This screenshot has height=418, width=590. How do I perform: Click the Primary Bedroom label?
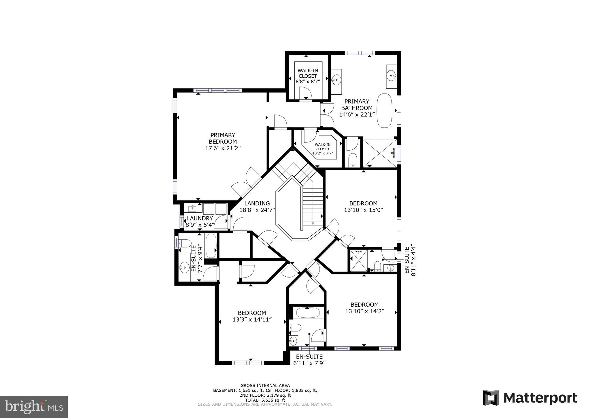click(223, 138)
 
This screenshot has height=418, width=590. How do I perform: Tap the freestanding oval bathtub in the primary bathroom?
click(385, 110)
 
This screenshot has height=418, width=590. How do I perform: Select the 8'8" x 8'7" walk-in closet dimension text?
click(308, 82)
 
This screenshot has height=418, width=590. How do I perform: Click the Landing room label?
click(257, 203)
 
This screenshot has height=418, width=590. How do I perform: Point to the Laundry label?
click(200, 218)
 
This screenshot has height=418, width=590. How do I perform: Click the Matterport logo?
click(530, 398)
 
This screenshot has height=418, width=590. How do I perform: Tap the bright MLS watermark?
click(34, 407)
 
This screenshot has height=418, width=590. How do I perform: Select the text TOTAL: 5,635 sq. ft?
click(265, 400)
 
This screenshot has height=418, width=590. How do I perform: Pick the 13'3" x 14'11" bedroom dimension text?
click(252, 320)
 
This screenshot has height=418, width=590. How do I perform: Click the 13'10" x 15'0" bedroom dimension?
click(363, 210)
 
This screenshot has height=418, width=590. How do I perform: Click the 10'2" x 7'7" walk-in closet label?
click(322, 149)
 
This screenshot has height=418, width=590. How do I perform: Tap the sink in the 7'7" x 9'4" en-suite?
click(184, 267)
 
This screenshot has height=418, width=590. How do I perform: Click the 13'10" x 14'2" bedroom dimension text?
click(365, 311)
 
